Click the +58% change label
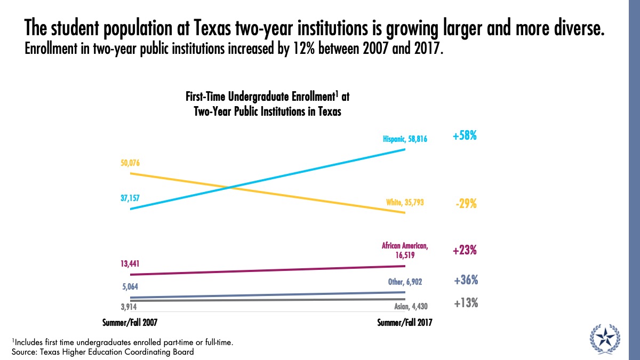(465, 137)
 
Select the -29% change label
(465, 204)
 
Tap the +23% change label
(465, 251)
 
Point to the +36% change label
(466, 281)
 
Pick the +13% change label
(466, 303)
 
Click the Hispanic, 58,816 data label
(405, 139)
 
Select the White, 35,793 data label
(405, 203)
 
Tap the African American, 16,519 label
(405, 251)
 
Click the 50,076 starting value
(131, 163)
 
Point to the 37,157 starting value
(130, 198)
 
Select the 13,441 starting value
(130, 263)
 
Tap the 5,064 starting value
(130, 286)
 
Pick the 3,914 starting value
(130, 307)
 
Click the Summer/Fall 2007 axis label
(130, 323)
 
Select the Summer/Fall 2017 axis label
(405, 323)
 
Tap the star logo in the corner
(605, 337)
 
